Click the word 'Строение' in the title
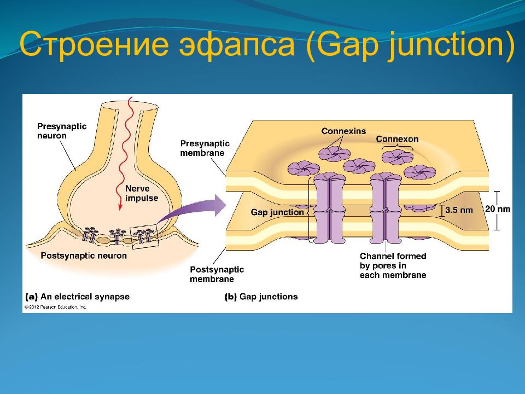tap(94, 44)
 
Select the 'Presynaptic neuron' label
tap(62, 131)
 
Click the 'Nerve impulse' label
tap(142, 193)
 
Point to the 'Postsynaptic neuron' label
tap(84, 256)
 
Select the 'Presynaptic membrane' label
tap(205, 148)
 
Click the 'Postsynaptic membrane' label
tap(217, 274)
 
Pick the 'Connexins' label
tap(343, 131)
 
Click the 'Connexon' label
tap(397, 138)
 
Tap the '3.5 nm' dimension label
tap(459, 210)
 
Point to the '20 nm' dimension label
tap(498, 209)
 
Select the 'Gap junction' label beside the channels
tap(277, 212)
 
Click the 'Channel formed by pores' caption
tap(393, 266)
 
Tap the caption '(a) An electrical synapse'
tap(77, 297)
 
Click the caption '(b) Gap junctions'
tap(261, 297)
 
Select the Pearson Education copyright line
tap(55, 307)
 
